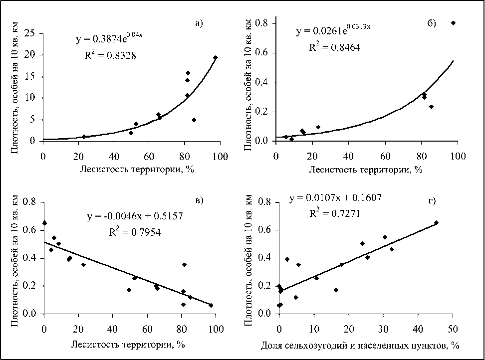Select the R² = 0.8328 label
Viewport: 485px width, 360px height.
pos(110,55)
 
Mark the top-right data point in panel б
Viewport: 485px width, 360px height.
pos(453,23)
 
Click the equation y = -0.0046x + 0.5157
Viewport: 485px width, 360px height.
pos(132,217)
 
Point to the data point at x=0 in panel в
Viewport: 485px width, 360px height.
pos(44,223)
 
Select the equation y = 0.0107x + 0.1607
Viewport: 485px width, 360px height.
pos(335,198)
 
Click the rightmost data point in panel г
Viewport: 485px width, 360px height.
pos(436,223)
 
